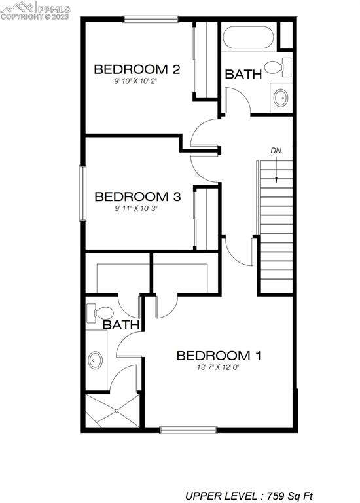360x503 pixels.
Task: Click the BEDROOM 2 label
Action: [x=137, y=69]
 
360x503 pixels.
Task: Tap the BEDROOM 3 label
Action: [x=137, y=196]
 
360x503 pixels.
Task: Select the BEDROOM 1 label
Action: [x=219, y=356]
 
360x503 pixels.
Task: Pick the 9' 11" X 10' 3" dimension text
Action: [x=137, y=209]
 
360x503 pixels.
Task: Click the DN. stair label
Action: [x=277, y=151]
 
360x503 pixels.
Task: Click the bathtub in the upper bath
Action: [x=248, y=39]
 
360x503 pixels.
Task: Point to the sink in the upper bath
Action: [x=281, y=98]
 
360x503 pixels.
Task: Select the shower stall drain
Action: [x=117, y=411]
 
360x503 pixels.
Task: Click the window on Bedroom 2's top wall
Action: [x=151, y=19]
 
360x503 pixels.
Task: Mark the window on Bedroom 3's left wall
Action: [x=83, y=193]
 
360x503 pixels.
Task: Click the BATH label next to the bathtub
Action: [x=243, y=75]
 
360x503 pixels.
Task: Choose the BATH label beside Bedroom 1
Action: [x=122, y=324]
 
